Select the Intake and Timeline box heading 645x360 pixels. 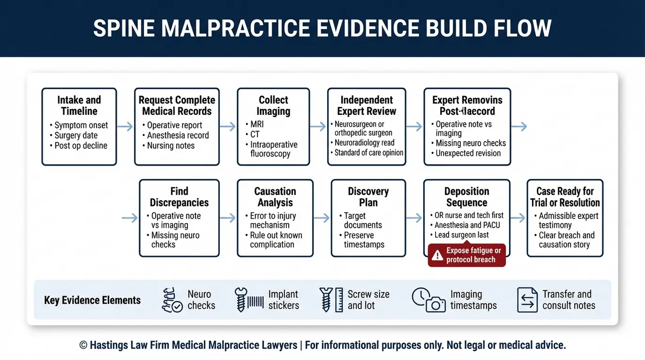[x=79, y=105]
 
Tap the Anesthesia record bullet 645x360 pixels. [x=176, y=135]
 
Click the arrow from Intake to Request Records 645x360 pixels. [x=125, y=126]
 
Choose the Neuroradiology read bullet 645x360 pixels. [x=362, y=143]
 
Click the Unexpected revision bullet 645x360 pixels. [x=466, y=153]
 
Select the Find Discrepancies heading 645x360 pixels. [x=179, y=197]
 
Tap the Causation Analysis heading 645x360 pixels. [x=275, y=197]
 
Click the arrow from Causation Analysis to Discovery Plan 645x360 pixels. [x=322, y=218]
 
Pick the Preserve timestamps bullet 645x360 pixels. [x=362, y=240]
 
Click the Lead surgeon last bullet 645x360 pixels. [x=460, y=235]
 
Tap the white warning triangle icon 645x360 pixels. [x=437, y=255]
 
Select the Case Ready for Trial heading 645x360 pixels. [x=565, y=197]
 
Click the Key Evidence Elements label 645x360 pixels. [x=92, y=300]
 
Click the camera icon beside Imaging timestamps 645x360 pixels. [x=435, y=304]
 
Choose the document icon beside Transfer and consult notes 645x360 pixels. [x=527, y=300]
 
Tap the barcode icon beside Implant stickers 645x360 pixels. [x=255, y=302]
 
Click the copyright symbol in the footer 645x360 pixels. [x=83, y=345]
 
